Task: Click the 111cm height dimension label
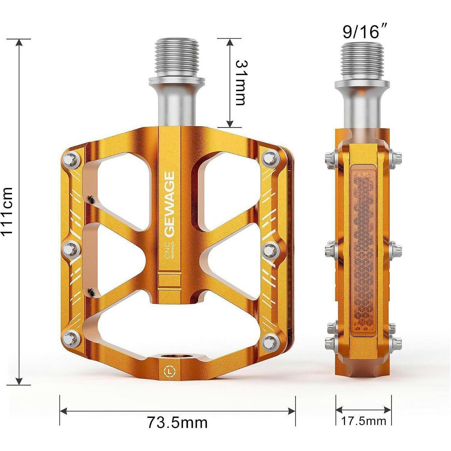coord(7,210)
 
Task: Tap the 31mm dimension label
coord(241,83)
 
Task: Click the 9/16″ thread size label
coord(364,32)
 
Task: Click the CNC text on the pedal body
coord(167,250)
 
